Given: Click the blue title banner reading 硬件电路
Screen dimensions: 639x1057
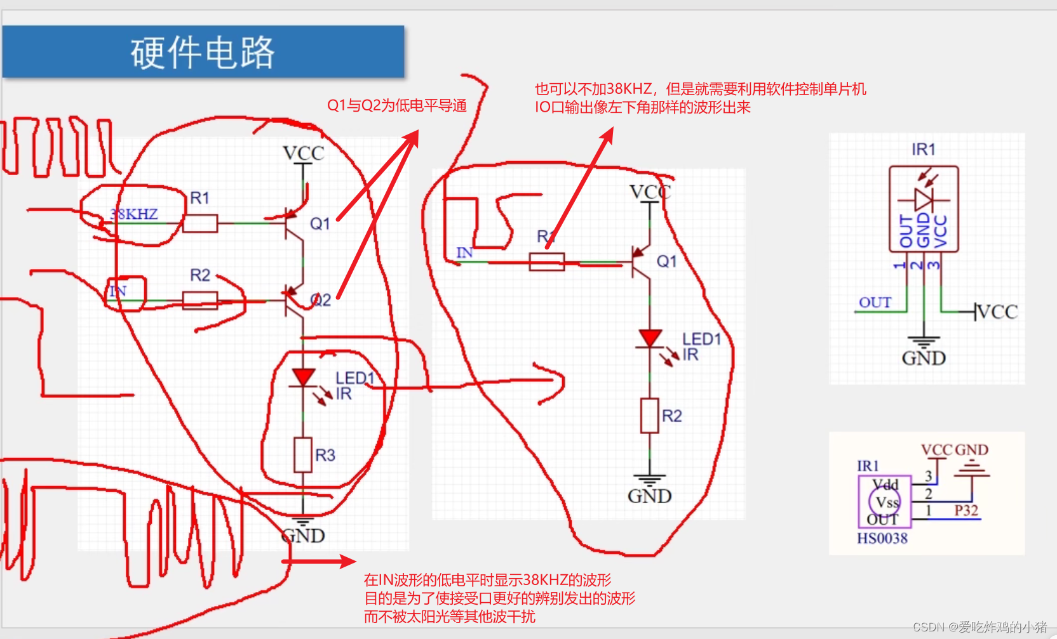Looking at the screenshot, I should [x=203, y=52].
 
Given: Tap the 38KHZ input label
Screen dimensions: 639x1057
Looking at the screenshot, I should [x=134, y=214].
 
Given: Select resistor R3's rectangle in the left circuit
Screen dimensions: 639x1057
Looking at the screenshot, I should [x=303, y=454].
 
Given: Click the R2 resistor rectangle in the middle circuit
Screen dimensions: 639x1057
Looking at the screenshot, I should [x=649, y=416].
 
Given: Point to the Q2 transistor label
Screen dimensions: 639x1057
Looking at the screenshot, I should [x=321, y=300].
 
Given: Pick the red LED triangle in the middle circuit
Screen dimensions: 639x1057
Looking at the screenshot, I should [x=650, y=338].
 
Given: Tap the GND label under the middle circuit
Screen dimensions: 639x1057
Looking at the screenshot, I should [x=649, y=496].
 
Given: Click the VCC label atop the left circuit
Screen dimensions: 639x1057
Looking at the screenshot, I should [x=303, y=154].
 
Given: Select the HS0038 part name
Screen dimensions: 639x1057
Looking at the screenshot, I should [x=882, y=539].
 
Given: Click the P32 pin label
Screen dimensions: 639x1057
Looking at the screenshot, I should [x=966, y=511].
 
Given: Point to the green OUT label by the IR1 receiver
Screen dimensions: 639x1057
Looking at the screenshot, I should [x=875, y=303].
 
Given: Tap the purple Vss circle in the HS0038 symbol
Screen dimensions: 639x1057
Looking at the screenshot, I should [x=885, y=503].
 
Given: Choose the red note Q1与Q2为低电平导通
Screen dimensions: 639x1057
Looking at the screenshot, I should [x=396, y=105].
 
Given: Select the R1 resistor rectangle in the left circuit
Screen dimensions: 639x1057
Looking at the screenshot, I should [x=200, y=223].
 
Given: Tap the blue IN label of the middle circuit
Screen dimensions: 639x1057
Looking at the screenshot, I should [x=464, y=253].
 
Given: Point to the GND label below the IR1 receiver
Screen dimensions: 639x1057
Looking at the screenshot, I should [x=924, y=359].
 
